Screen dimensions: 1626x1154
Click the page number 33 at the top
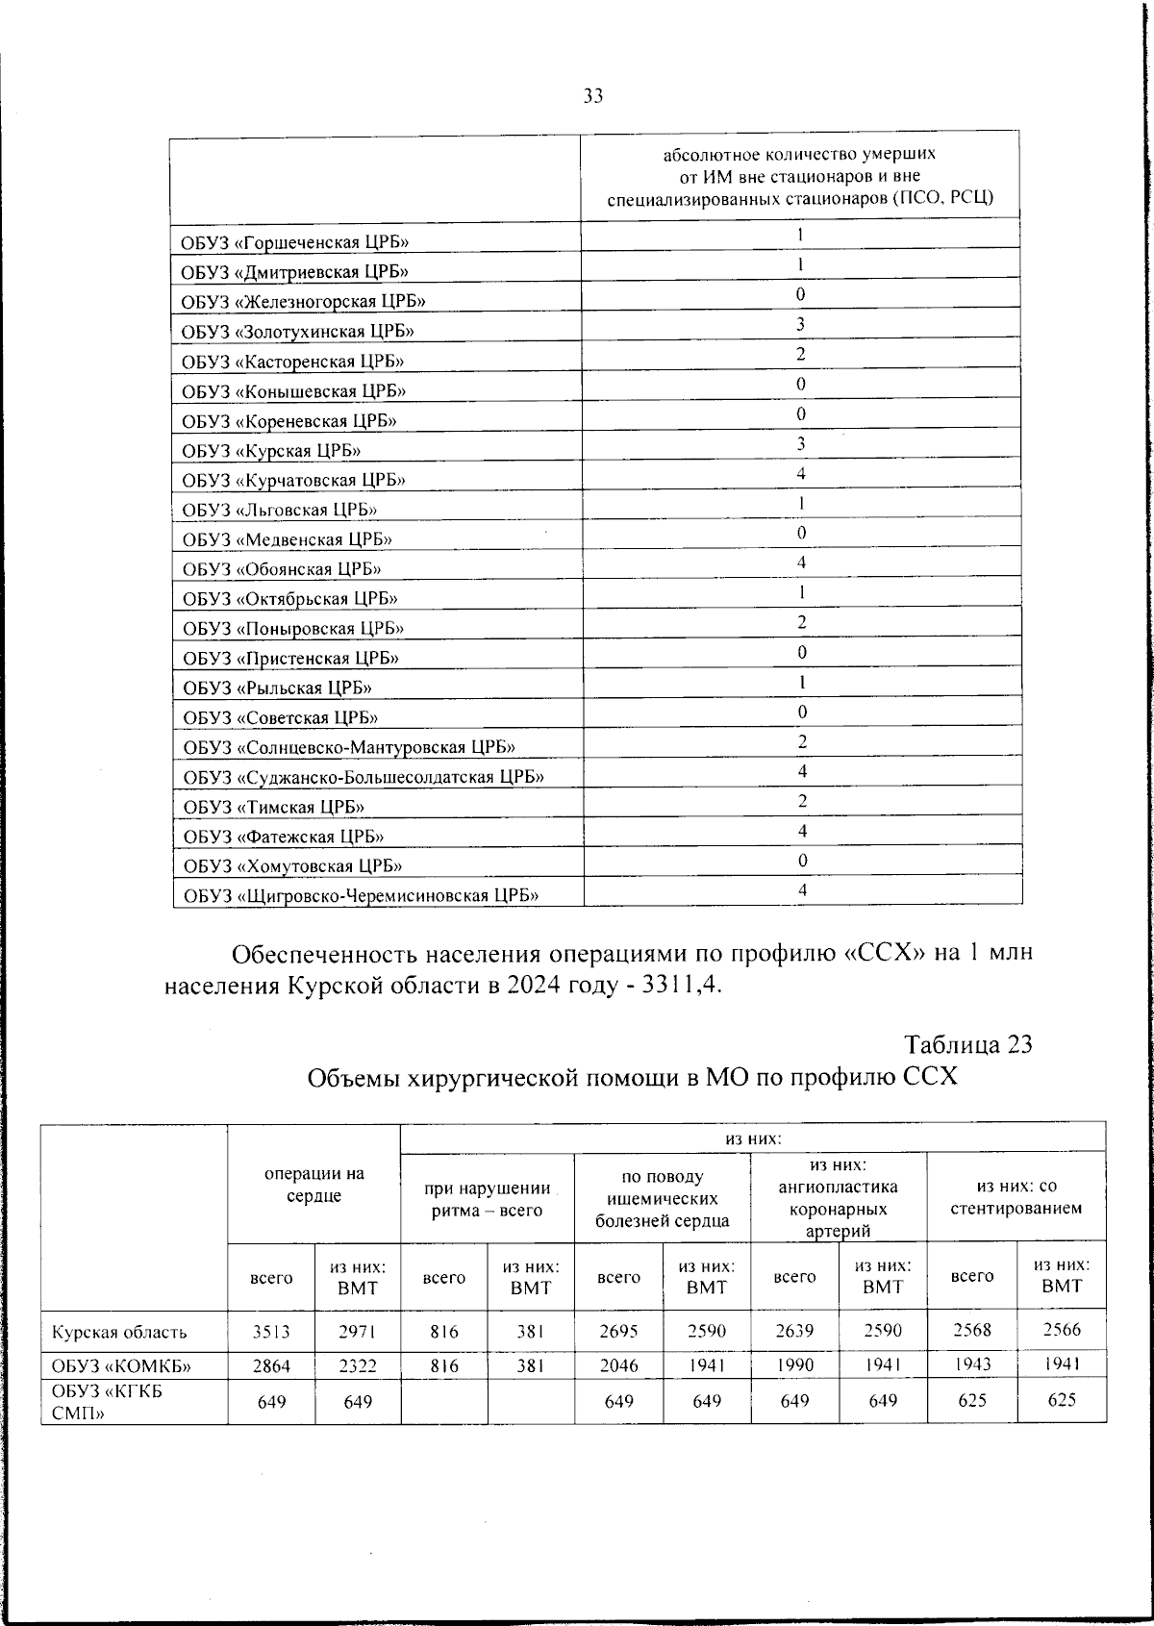click(592, 95)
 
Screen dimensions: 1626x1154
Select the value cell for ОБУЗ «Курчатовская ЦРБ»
click(801, 473)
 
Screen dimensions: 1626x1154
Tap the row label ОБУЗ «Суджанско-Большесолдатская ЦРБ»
click(364, 777)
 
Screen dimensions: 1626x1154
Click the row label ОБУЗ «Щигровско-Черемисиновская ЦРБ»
click(361, 896)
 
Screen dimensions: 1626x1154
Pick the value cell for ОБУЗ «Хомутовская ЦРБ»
click(801, 861)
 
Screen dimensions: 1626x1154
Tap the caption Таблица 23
click(968, 1044)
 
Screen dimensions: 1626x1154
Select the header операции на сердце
click(314, 1185)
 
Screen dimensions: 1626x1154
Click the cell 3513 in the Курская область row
click(271, 1332)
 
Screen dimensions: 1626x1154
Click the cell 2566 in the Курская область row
click(1062, 1330)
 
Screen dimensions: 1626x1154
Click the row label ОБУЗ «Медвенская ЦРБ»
click(287, 539)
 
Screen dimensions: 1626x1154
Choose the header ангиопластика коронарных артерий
click(838, 1198)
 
